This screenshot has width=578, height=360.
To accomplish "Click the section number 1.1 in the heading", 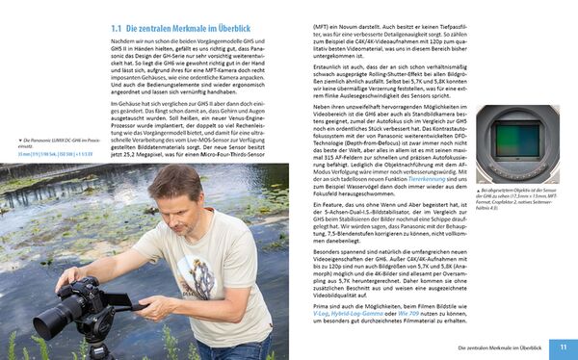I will coord(118,30).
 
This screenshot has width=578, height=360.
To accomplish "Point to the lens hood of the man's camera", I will coord(47,321).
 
